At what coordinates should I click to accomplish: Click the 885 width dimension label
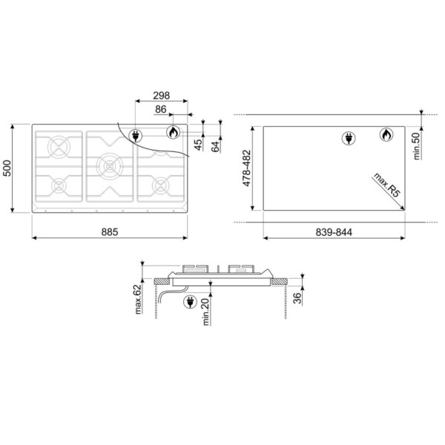(110, 232)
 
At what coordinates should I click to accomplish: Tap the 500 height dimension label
(7, 168)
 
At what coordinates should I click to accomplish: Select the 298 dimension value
(161, 96)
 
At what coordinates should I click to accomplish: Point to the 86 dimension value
(161, 109)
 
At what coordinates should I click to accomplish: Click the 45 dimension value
(199, 145)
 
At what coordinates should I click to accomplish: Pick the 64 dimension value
(216, 146)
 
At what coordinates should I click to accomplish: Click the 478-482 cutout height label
(247, 168)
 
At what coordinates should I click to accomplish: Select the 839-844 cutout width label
(334, 232)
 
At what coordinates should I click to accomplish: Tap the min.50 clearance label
(416, 146)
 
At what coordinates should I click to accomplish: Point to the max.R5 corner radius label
(386, 185)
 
